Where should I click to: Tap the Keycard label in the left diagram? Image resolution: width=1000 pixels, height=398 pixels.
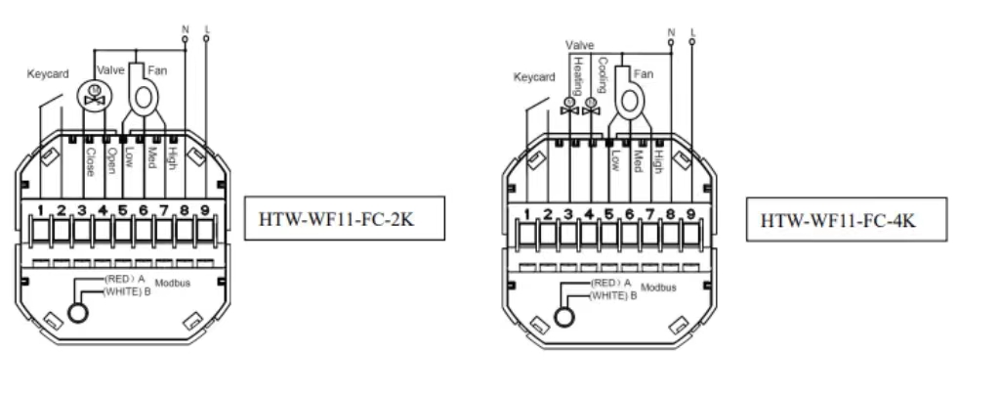pos(48,74)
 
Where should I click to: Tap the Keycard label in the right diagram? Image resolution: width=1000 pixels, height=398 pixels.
pos(534,77)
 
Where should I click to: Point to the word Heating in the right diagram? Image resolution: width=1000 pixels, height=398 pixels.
pos(577,73)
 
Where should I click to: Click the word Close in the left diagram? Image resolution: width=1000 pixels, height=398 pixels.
pos(89,160)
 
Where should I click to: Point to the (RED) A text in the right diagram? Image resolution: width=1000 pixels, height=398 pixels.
pos(610,283)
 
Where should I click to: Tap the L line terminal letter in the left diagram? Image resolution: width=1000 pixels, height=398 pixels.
pos(207,29)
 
